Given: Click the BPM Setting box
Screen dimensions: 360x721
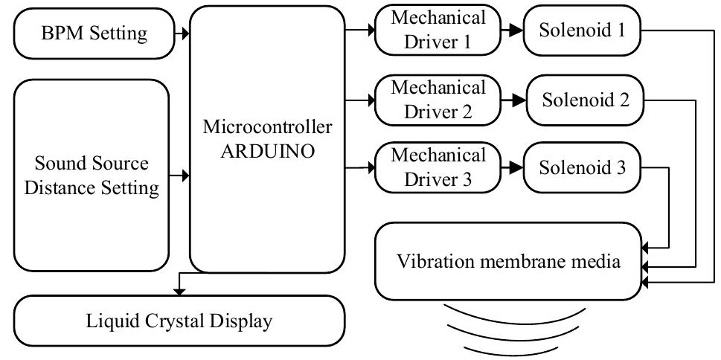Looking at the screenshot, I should coord(92,33).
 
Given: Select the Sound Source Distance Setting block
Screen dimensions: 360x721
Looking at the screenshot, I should coord(92,176).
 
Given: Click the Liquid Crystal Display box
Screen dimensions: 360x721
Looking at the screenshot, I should coord(179,321).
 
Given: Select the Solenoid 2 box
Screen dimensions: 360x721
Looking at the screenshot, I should coord(586,100).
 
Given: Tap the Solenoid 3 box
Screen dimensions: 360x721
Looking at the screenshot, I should coord(583,167).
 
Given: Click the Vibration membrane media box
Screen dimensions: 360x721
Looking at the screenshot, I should coord(508,261).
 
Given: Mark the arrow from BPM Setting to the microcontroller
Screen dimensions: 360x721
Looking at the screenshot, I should coord(180,33).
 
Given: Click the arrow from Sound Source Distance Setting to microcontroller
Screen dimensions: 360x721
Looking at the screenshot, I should coord(180,176).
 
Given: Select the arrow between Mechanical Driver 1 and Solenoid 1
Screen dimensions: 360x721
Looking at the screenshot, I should coord(512,30).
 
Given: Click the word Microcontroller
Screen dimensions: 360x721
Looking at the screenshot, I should coord(268,126).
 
